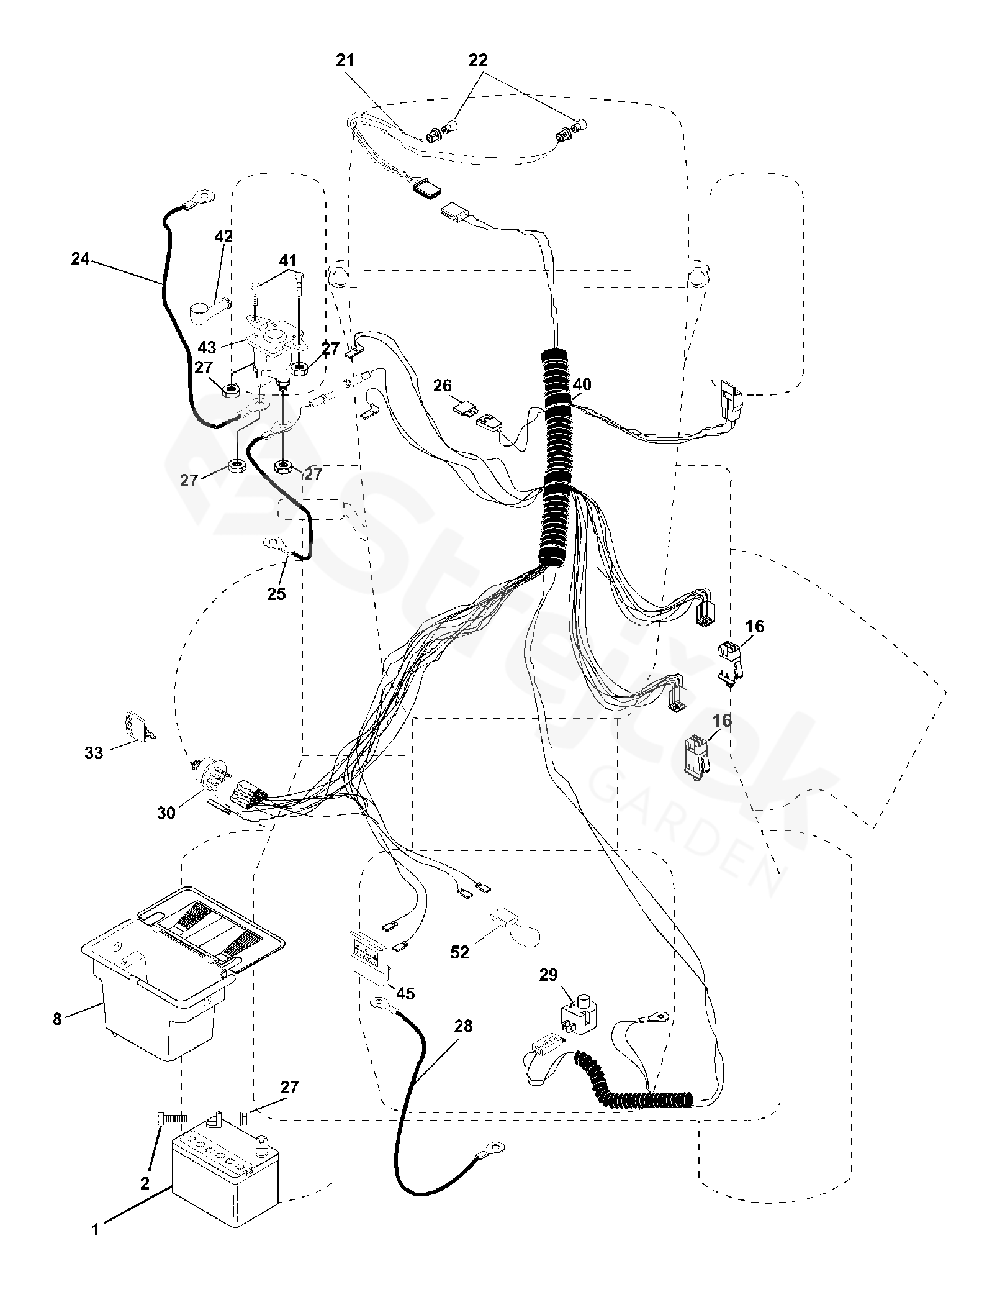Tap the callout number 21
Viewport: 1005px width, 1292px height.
345,61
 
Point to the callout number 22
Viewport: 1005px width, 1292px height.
478,61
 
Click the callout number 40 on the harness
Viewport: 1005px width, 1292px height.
582,385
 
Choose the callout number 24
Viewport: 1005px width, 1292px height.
80,259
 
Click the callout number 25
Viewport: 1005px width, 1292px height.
277,594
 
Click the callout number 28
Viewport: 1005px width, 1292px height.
462,1026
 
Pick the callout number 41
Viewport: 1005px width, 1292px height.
288,261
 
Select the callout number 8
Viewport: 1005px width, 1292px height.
57,1019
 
